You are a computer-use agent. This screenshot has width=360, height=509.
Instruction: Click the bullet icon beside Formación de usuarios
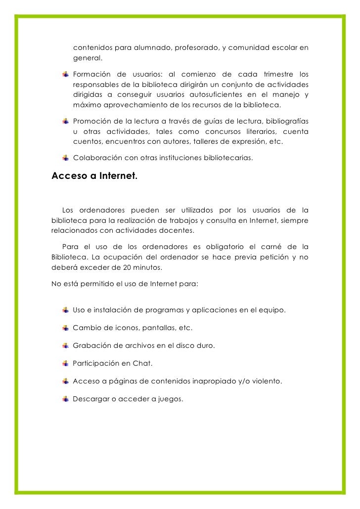65,75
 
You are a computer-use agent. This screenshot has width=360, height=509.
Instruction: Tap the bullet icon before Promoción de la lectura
65,122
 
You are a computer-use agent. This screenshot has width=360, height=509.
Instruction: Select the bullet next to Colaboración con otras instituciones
65,158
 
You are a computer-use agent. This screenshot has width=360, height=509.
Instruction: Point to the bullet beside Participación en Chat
65,364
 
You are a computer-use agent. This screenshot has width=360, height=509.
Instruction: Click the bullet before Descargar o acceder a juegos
65,399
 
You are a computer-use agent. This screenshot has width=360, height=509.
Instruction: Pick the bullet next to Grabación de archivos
65,346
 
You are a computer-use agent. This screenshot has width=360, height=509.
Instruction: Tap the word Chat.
142,364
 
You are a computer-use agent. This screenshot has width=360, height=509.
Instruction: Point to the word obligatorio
224,247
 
